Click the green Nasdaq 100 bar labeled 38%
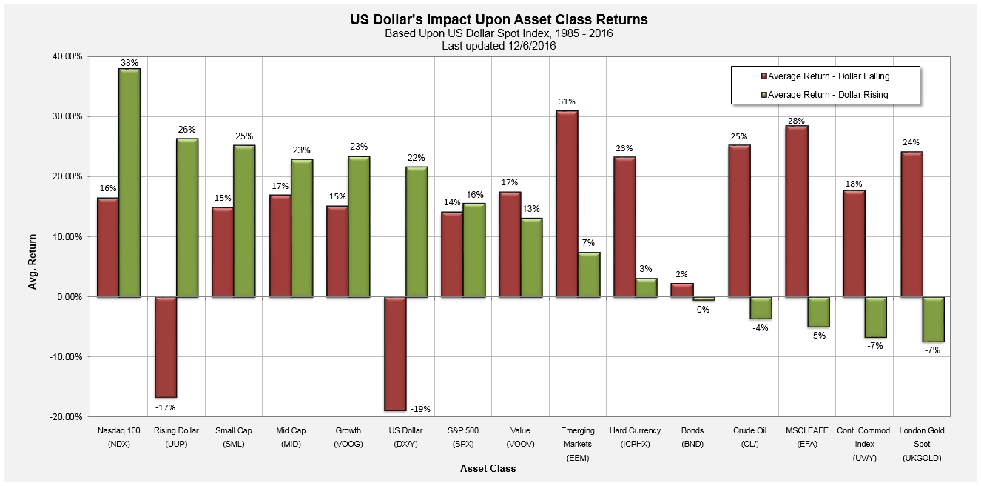tap(129, 183)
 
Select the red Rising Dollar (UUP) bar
tap(165, 347)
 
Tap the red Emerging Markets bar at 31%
tap(567, 204)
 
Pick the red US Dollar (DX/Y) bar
tap(395, 353)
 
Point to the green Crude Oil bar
tap(761, 308)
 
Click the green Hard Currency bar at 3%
tap(646, 287)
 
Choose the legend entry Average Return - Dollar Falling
tap(825, 76)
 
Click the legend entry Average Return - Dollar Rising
tap(825, 94)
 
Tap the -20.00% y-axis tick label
tap(65, 417)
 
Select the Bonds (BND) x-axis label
tap(692, 437)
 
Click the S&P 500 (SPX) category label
tap(463, 437)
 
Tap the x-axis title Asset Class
tap(488, 469)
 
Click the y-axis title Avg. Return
tap(33, 236)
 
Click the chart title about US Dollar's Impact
tap(499, 19)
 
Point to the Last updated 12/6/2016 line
tap(499, 46)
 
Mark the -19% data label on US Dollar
tap(420, 409)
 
